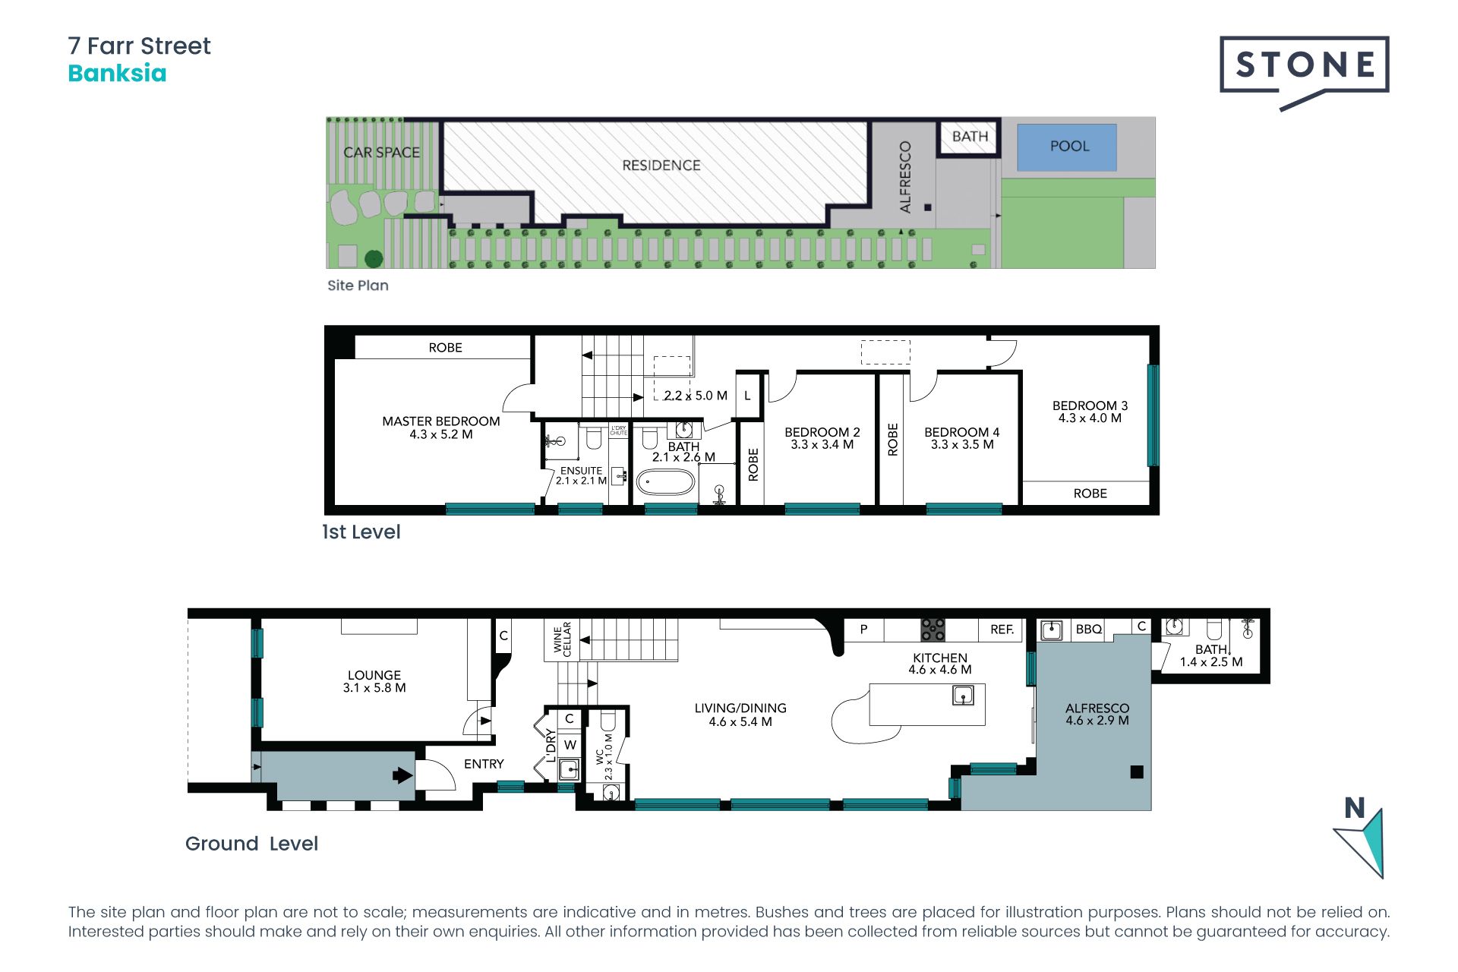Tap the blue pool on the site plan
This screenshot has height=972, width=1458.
click(1067, 147)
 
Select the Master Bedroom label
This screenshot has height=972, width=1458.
click(441, 421)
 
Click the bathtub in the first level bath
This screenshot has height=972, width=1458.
click(665, 482)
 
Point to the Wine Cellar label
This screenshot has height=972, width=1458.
click(563, 639)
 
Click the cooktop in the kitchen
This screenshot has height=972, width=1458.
click(933, 630)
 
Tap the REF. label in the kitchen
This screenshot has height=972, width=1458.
click(1002, 630)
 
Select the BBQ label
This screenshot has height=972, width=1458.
click(1089, 630)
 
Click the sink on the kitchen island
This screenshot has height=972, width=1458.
click(963, 694)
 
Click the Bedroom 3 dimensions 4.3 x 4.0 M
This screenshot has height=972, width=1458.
click(1090, 418)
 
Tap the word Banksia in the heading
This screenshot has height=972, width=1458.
click(117, 74)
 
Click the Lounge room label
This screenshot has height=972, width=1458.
click(374, 675)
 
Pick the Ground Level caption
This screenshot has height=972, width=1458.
click(251, 844)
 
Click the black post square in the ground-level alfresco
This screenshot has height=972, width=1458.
click(1137, 772)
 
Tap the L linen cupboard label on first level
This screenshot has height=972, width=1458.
click(747, 396)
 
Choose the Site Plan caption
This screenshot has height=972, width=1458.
click(358, 286)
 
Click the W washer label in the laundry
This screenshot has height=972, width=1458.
click(570, 745)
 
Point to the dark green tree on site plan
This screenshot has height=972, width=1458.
click(374, 259)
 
